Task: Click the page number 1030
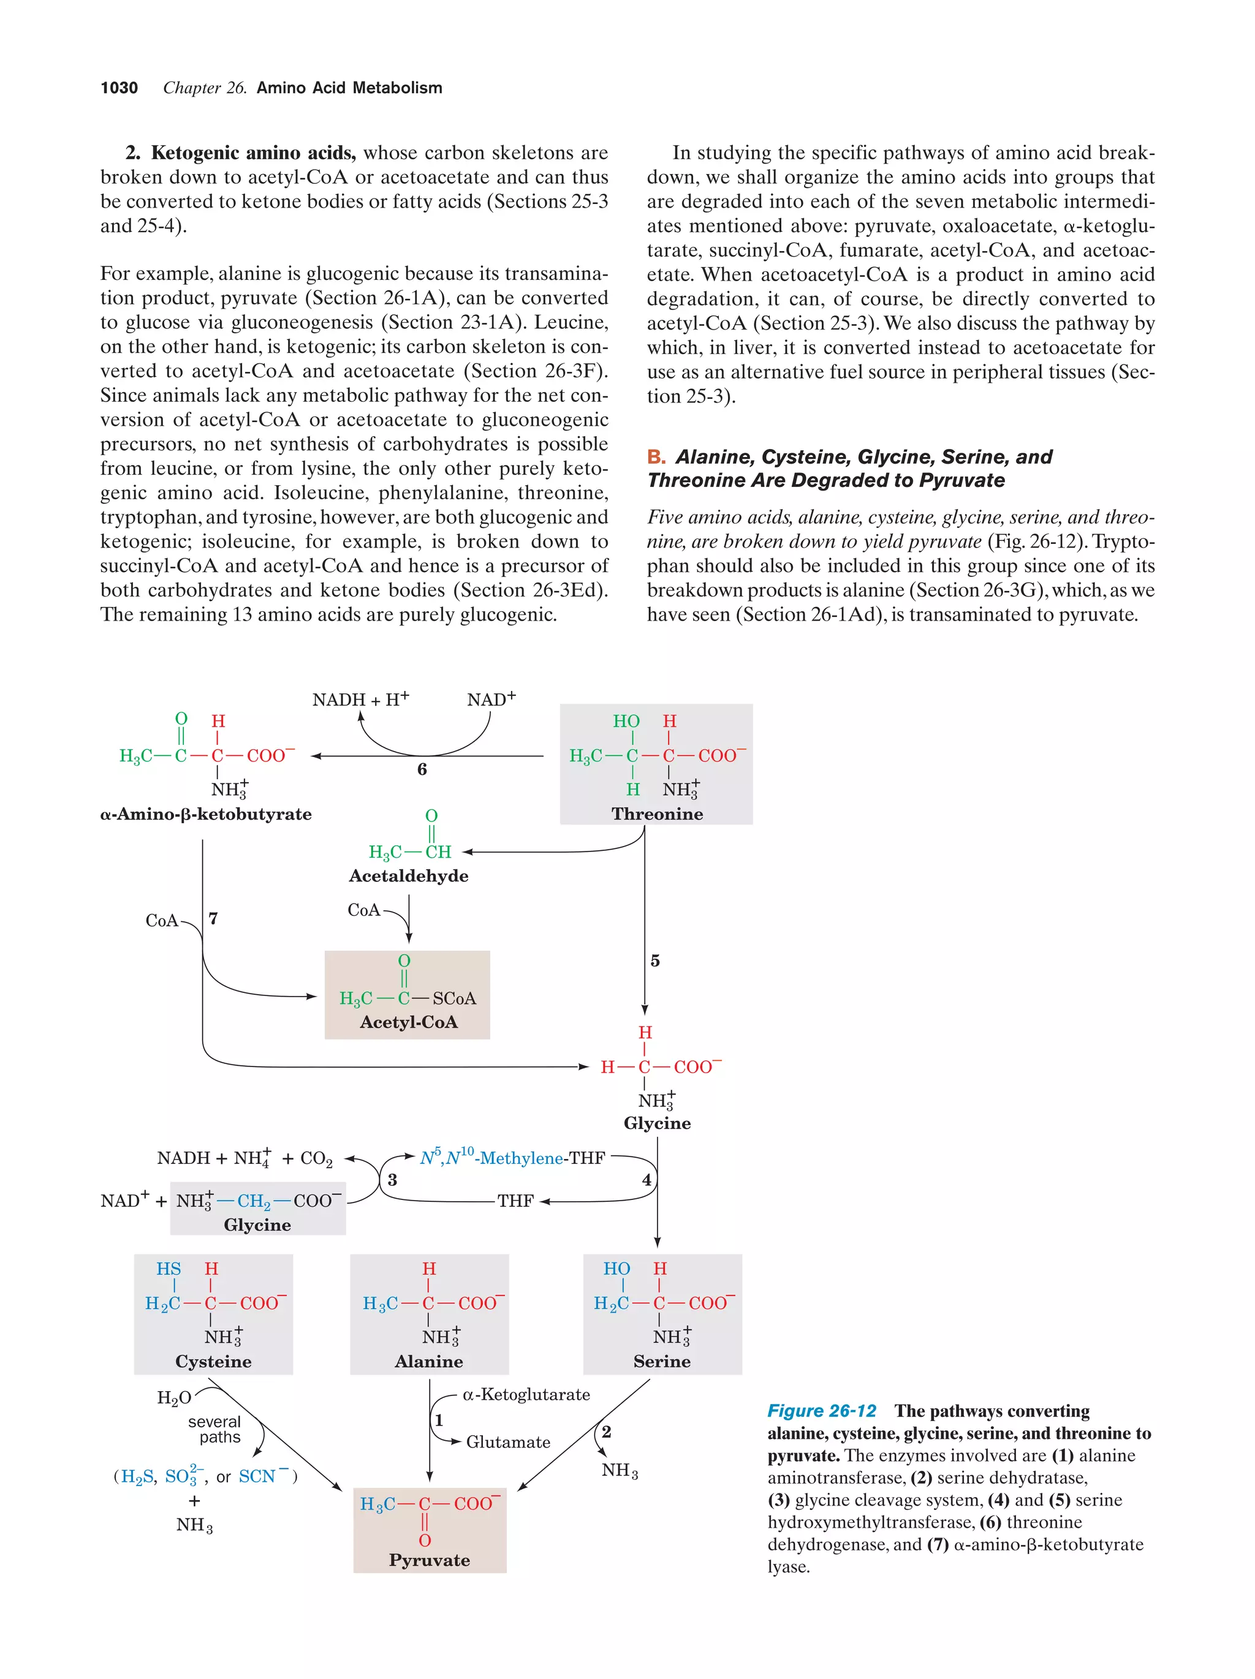[x=119, y=88]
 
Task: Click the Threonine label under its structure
[x=657, y=813]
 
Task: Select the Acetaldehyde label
[x=409, y=876]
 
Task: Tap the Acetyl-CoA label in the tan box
[x=409, y=1022]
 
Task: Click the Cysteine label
[x=213, y=1361]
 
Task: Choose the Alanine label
[x=429, y=1361]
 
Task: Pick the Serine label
[x=662, y=1361]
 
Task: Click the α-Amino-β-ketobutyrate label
[x=206, y=813]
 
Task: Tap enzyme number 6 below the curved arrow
[x=422, y=769]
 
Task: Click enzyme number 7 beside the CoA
[x=213, y=918]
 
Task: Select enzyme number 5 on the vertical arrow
[x=655, y=961]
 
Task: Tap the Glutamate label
[x=508, y=1442]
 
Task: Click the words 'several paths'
[x=215, y=1429]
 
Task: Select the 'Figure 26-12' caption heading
[x=822, y=1410]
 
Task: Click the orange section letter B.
[x=655, y=457]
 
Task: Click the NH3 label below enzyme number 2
[x=620, y=1470]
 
